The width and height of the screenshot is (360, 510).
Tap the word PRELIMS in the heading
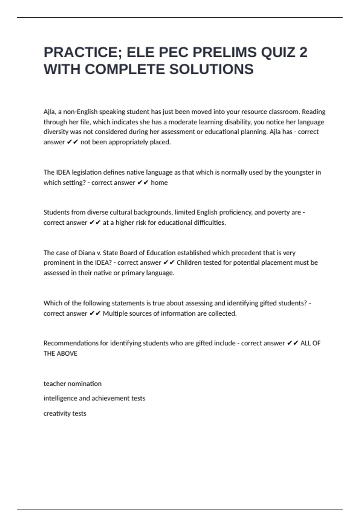(x=224, y=52)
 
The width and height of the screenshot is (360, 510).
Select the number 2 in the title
(x=303, y=52)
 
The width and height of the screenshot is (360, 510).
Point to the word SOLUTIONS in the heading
(x=211, y=70)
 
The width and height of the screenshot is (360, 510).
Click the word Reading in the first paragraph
(x=313, y=112)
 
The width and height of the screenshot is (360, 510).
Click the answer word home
(x=159, y=183)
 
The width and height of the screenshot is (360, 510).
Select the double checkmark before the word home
(x=143, y=183)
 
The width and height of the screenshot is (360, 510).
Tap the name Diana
(x=86, y=253)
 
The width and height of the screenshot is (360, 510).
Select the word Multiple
(x=115, y=313)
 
